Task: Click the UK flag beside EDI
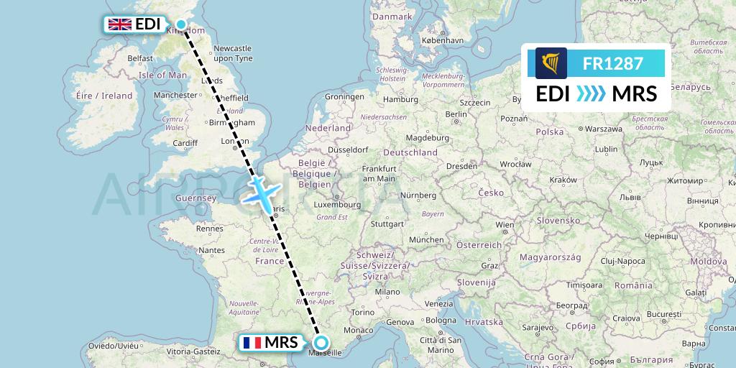pos(119,24)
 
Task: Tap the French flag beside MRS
pos(252,343)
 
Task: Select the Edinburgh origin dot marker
pos(181,24)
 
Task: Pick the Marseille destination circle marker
pos(321,343)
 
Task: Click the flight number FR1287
pos(612,63)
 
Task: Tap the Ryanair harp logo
pos(551,63)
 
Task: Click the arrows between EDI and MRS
pos(591,94)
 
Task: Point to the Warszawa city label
pos(603,129)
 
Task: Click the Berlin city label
pos(456,114)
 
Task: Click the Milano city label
pos(386,292)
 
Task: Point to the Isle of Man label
pos(162,75)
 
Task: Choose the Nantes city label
pos(213,250)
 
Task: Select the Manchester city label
pos(175,95)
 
